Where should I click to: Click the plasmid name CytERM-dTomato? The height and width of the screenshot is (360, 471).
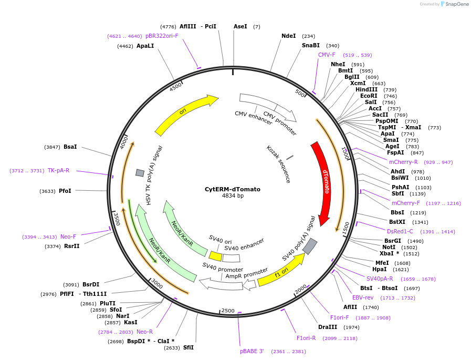click(233, 189)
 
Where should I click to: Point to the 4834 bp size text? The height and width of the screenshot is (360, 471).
click(233, 196)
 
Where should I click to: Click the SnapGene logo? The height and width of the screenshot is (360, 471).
click(454, 4)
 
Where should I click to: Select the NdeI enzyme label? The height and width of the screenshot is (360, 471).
click(289, 36)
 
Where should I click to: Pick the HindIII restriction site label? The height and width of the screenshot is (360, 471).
click(367, 90)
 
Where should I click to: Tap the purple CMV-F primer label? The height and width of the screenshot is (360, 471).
click(327, 55)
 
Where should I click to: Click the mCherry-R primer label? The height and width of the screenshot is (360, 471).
click(403, 162)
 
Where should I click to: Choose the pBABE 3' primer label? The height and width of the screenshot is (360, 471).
click(252, 352)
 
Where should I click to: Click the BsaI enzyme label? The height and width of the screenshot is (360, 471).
click(70, 147)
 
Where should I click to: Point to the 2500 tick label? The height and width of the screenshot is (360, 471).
click(228, 311)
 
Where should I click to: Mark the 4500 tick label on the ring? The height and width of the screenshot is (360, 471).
click(175, 87)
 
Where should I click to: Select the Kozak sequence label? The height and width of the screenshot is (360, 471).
click(278, 164)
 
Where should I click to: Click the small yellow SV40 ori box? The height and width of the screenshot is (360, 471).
click(215, 256)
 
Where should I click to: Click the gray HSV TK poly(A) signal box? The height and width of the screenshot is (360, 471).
click(140, 173)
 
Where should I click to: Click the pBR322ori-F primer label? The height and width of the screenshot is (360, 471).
click(162, 36)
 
